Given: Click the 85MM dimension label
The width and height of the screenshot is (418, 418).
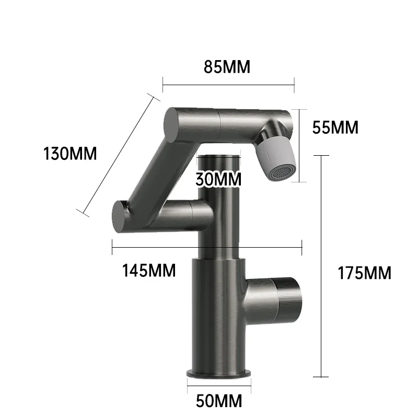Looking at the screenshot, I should tap(227, 67).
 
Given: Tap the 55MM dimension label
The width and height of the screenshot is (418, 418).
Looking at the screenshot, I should tap(334, 127).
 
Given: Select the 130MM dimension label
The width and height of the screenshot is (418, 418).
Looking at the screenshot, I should tap(70, 154).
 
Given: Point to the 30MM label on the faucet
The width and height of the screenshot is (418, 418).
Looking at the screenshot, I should tap(218, 179).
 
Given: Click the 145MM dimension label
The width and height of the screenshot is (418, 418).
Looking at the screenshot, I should tap(149, 271).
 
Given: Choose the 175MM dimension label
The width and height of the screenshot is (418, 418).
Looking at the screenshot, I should tap(364, 273).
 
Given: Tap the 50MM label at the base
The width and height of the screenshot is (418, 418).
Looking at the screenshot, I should tap(219, 401).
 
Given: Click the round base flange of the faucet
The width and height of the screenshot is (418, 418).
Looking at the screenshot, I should tap(218, 374).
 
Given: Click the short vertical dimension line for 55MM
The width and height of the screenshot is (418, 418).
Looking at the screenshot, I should tap(298, 145).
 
